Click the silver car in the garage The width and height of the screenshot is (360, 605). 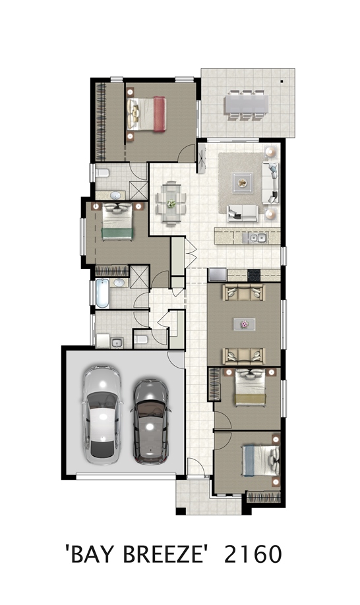[102, 415]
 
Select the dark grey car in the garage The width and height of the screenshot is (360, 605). [151, 421]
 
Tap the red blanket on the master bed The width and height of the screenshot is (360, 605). [160, 114]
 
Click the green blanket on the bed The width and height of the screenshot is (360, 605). [117, 234]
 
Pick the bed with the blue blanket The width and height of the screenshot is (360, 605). [260, 461]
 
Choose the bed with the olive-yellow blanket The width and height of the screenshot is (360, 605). [251, 387]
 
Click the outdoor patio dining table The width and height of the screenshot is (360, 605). [246, 105]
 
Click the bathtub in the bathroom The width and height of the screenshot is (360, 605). [102, 293]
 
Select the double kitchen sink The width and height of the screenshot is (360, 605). [257, 238]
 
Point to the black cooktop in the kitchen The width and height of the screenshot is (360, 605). [254, 275]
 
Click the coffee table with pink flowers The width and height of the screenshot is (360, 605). [244, 324]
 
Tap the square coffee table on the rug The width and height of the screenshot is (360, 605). [243, 183]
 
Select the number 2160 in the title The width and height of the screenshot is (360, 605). [253, 554]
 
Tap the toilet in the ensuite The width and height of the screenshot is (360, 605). [102, 173]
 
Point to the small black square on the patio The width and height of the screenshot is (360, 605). [282, 82]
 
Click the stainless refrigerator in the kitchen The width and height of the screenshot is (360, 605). [218, 275]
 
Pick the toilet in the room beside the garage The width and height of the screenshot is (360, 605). [140, 340]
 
